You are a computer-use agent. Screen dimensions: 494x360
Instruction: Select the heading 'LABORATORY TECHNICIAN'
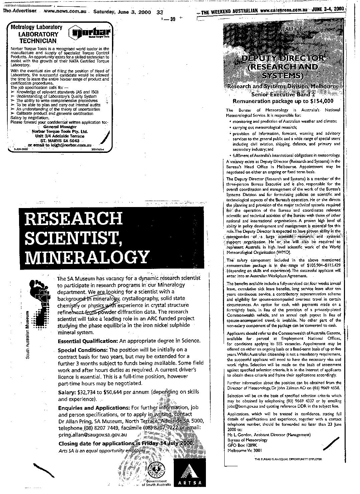(x=38, y=37)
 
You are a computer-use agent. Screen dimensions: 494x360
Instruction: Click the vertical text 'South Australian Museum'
(x=29, y=335)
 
